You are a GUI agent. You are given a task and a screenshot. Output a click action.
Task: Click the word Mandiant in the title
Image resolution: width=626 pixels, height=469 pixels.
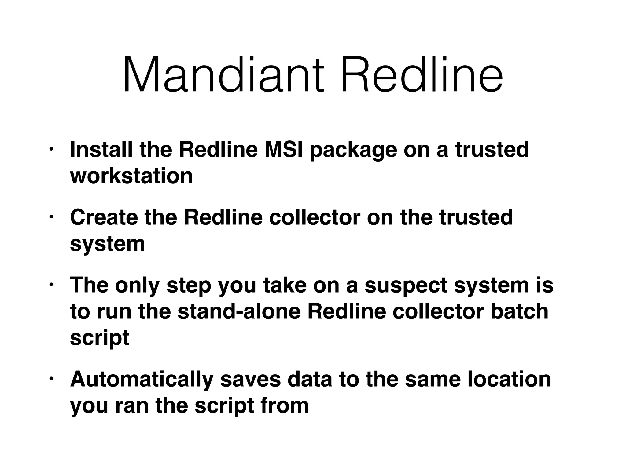(x=223, y=75)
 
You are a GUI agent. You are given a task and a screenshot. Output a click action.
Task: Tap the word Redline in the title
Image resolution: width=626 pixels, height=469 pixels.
(x=422, y=75)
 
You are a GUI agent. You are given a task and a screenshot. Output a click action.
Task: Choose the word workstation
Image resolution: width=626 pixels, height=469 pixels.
(x=131, y=176)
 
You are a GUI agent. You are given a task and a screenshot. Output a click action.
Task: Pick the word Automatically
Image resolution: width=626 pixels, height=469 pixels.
(x=142, y=380)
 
